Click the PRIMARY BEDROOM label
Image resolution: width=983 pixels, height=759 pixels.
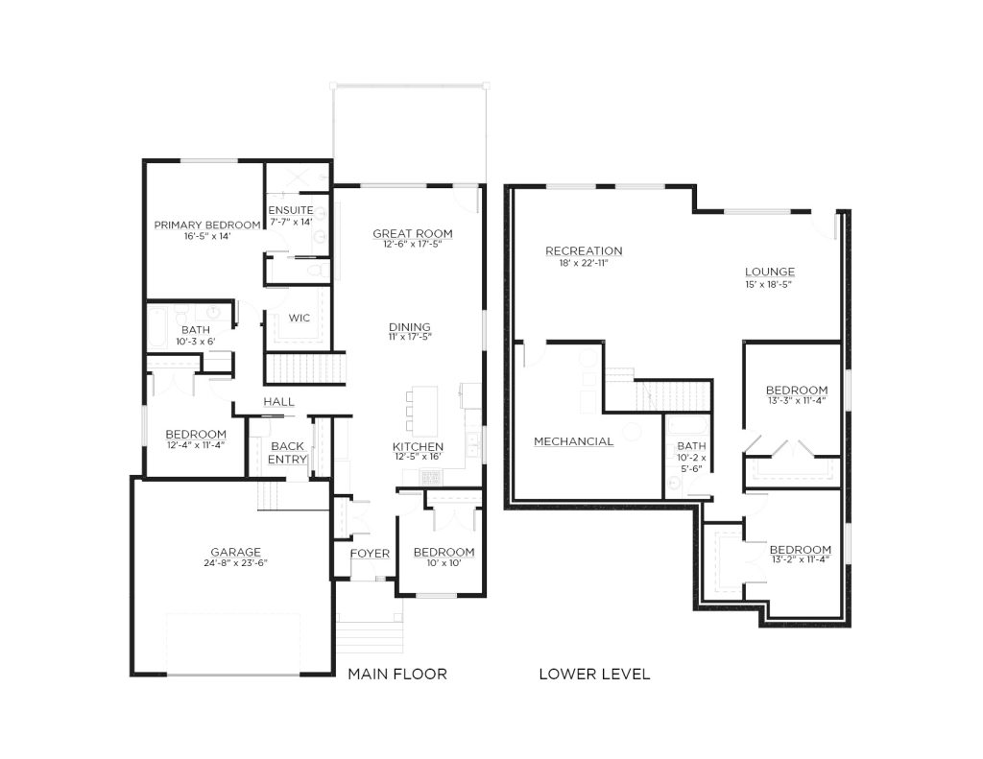[x=207, y=225]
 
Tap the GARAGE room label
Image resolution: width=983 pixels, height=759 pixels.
[x=236, y=552]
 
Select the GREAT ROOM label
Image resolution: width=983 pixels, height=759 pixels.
[x=413, y=234]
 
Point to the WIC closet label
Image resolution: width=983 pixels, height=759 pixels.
[x=300, y=318]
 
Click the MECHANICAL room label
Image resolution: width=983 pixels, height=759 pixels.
[x=574, y=441]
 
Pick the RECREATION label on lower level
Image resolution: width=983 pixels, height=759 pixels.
[x=584, y=250]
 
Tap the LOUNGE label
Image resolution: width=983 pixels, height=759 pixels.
[x=770, y=272]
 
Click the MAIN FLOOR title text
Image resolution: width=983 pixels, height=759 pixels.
[x=397, y=674]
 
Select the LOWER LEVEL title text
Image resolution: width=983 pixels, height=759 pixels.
[x=594, y=674]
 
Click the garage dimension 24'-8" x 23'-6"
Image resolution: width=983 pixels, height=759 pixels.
[x=236, y=563]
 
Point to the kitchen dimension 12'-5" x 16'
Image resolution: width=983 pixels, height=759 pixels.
[x=419, y=457]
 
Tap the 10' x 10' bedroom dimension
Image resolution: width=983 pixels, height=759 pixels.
[x=444, y=563]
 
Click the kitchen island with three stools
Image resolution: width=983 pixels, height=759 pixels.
[x=423, y=411]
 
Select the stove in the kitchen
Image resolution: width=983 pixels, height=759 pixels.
[x=431, y=478]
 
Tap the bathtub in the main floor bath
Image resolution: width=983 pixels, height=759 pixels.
[x=156, y=327]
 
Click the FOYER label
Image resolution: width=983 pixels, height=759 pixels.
[x=370, y=554]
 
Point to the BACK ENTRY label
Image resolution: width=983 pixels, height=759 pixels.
[x=288, y=453]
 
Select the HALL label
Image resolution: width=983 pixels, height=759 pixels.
[x=279, y=402]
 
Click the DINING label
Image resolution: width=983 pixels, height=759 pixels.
[x=410, y=327]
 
